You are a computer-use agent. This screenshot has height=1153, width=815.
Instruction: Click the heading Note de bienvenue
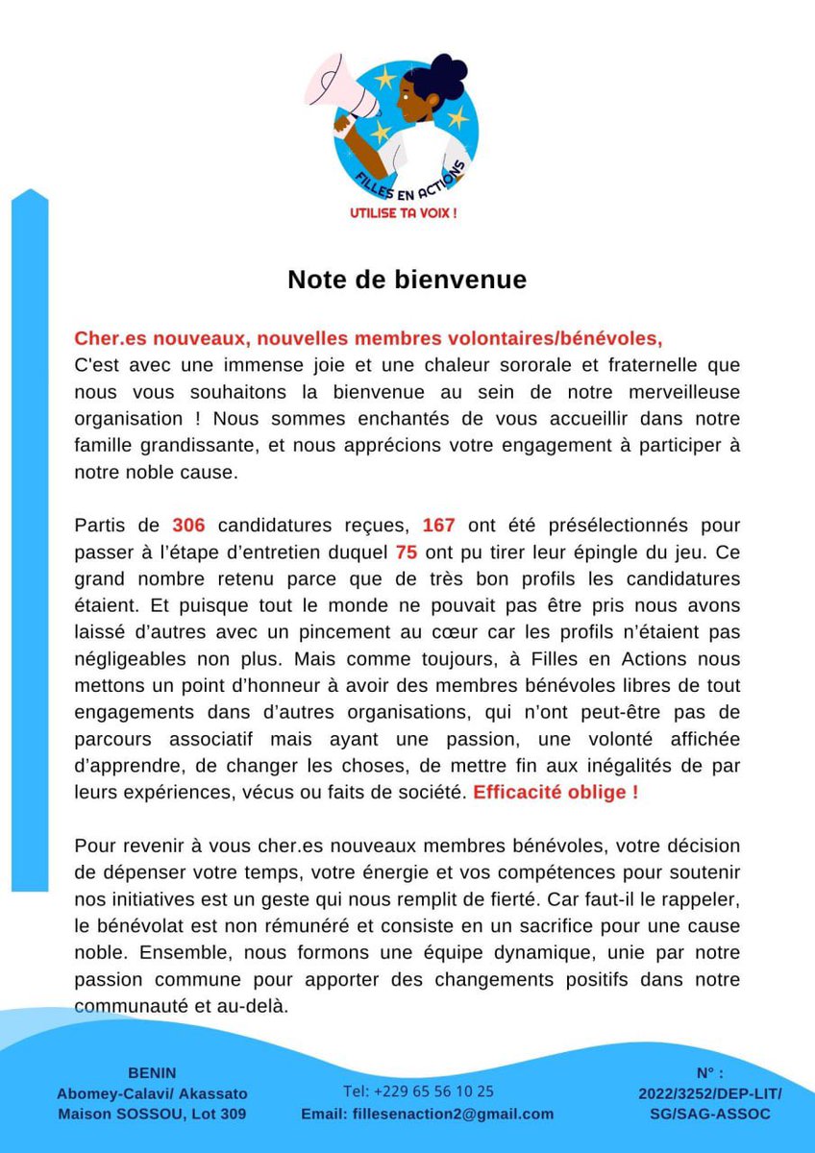click(407, 280)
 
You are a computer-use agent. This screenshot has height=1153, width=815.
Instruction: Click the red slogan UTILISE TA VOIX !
click(403, 212)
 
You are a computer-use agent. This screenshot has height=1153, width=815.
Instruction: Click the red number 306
click(189, 526)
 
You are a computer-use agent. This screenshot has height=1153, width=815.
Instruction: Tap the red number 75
click(406, 552)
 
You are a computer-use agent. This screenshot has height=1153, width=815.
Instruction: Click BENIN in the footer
click(151, 1072)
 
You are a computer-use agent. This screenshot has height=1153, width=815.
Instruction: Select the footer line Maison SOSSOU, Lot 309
click(151, 1115)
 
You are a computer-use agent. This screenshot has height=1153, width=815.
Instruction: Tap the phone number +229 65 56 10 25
click(418, 1092)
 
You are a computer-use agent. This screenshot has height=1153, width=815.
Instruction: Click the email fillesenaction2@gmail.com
click(427, 1115)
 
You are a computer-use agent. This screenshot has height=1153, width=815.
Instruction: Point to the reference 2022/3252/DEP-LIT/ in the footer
click(709, 1093)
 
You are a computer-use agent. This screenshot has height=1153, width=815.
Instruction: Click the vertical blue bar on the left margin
click(29, 538)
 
